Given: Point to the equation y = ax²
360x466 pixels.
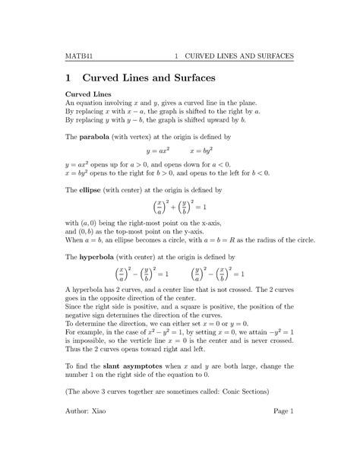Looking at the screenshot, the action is click(156, 151).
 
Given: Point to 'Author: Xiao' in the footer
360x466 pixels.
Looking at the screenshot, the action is click(86, 433).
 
